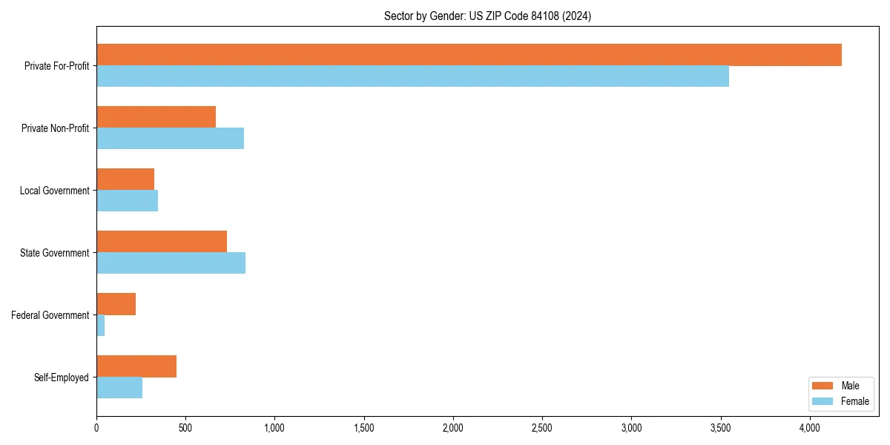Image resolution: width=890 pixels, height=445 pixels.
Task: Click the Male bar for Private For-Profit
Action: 469,55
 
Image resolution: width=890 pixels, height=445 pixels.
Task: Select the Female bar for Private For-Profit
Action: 412,76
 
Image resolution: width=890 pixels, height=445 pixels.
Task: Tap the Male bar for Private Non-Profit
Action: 156,117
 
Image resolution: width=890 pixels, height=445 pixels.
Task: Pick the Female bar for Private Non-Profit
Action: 170,139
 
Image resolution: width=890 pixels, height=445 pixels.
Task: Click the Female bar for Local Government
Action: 127,201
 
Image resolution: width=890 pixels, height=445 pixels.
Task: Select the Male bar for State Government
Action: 162,242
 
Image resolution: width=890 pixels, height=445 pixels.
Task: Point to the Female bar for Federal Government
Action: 101,326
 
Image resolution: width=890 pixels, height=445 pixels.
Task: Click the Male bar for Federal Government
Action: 116,304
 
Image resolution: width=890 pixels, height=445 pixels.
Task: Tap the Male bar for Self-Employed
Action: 136,366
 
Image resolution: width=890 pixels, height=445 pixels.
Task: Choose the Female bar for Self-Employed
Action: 119,388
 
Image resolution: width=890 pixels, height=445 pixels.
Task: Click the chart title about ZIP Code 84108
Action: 487,16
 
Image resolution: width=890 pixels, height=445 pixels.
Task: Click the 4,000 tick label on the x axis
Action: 810,428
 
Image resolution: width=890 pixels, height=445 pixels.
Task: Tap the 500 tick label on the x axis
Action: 185,428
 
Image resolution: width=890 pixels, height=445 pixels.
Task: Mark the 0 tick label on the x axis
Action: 96,428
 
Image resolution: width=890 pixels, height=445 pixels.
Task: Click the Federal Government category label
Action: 50,315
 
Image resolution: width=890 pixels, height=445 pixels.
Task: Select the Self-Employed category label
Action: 62,378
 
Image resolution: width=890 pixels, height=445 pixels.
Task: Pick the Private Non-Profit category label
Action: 55,128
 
